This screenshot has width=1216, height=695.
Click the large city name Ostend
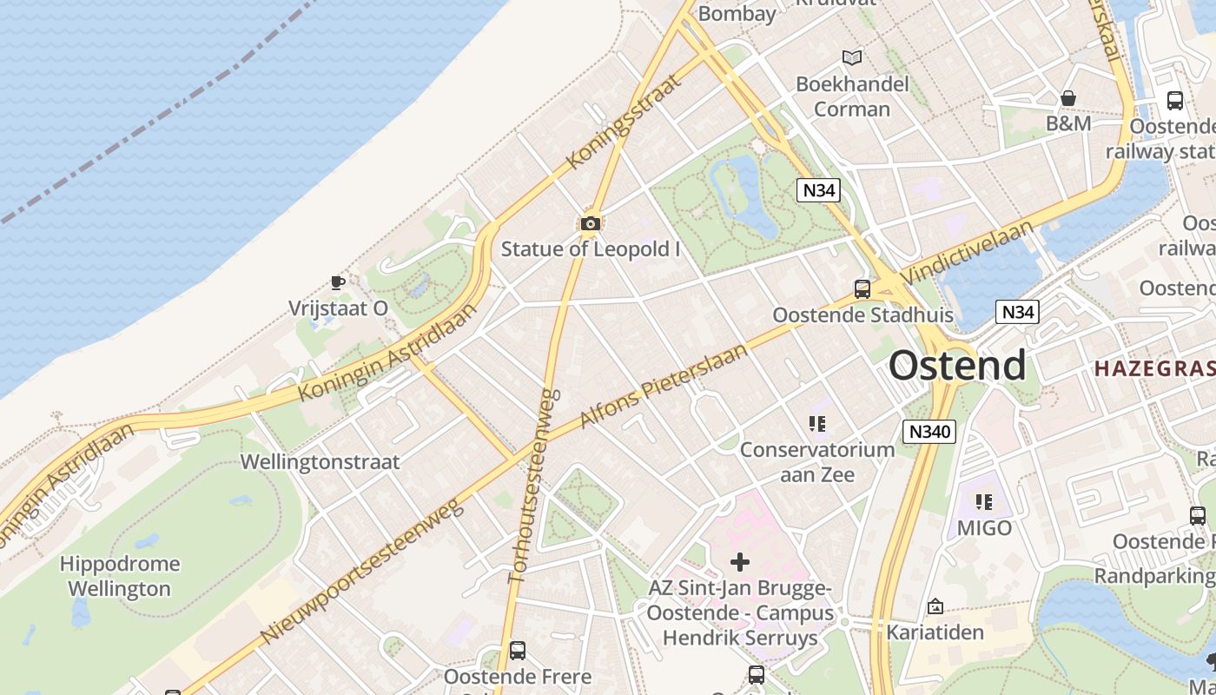[x=957, y=366]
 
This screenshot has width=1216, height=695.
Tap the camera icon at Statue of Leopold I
[x=591, y=224]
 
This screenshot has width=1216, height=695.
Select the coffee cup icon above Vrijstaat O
[x=338, y=282]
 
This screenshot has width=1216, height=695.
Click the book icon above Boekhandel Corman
[x=853, y=58]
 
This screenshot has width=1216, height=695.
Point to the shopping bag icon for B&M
[x=1068, y=98]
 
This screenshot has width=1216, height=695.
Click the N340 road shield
[x=929, y=431]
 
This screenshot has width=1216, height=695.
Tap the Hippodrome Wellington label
[x=120, y=576]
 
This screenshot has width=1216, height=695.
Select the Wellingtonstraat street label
[x=320, y=461]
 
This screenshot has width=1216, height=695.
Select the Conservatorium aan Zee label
[x=816, y=461]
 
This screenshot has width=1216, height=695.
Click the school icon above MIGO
[x=984, y=501]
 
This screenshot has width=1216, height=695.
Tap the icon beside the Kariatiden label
[x=935, y=606]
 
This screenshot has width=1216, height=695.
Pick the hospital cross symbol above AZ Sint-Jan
[x=740, y=562]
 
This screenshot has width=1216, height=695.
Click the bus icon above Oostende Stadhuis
[x=862, y=289]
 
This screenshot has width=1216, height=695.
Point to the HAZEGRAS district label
[x=1154, y=368]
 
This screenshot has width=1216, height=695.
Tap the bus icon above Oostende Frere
[x=518, y=650]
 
